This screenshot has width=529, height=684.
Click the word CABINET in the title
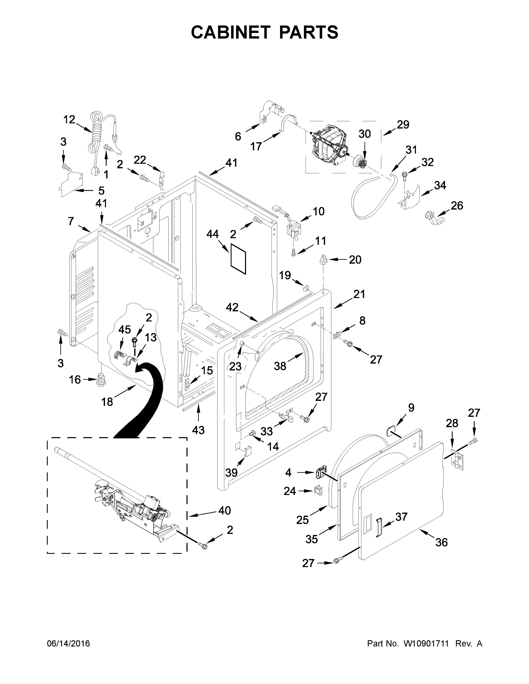(230, 32)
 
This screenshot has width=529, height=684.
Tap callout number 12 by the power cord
(69, 119)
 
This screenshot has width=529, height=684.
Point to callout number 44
(212, 234)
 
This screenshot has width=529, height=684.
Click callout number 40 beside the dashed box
(225, 511)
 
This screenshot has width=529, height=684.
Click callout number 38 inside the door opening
(280, 366)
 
